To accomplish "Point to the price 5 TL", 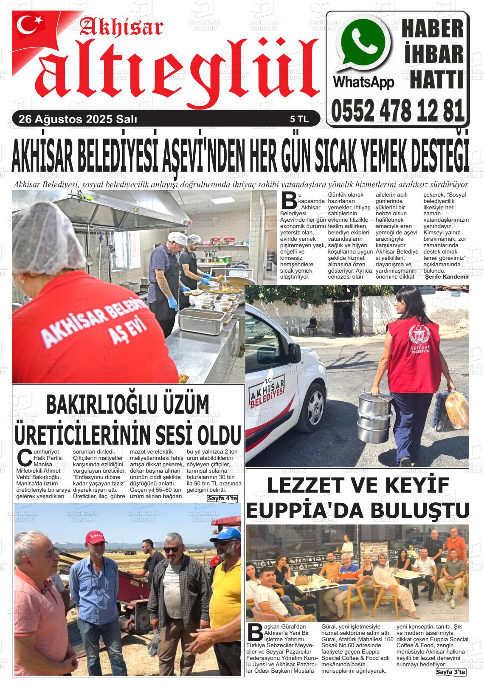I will click(299, 120).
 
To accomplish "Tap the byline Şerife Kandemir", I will click(447, 277).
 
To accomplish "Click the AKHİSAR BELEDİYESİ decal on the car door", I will click(266, 393).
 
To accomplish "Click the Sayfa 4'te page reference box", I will click(222, 498).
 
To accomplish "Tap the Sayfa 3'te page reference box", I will click(451, 672).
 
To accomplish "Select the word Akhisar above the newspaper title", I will click(121, 28).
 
